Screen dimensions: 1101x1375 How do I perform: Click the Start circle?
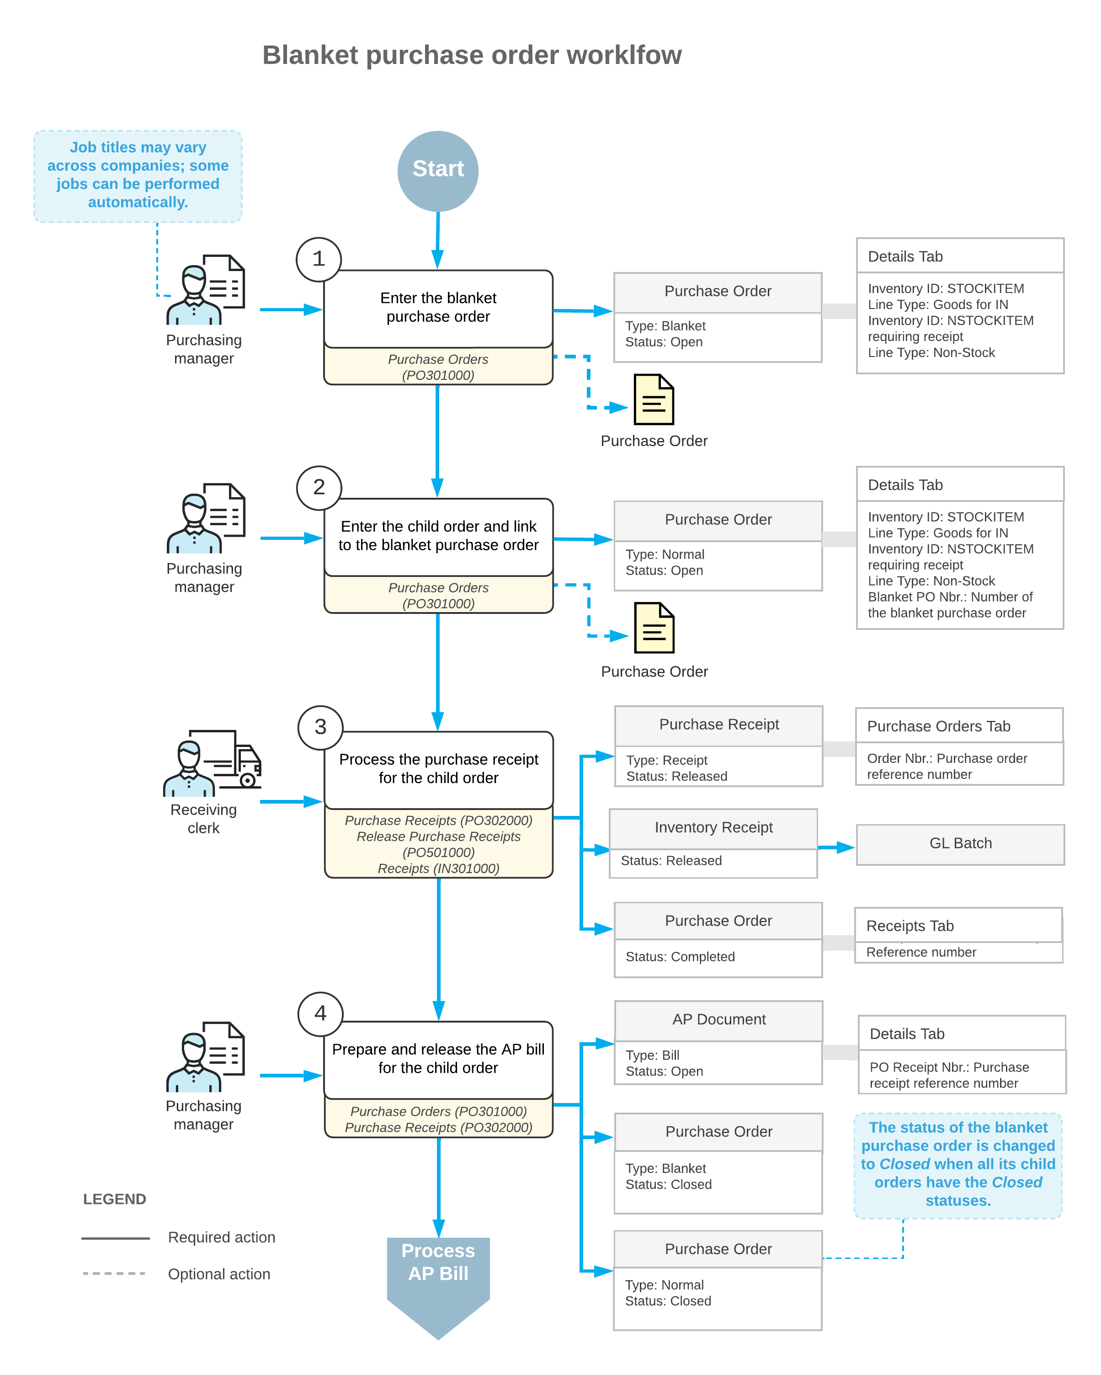point(438,171)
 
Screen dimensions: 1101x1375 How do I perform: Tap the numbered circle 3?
point(321,728)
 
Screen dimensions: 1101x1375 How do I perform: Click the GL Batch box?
point(960,844)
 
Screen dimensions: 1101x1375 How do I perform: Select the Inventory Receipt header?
point(713,828)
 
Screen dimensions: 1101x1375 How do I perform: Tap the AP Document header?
point(718,1020)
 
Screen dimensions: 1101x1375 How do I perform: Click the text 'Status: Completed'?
point(680,957)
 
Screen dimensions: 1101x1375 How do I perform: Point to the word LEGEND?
point(115,1199)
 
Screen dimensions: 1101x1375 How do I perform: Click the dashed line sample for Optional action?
point(115,1274)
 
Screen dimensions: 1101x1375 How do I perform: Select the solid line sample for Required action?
point(115,1238)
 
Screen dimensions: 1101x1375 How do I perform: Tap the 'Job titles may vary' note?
point(138,176)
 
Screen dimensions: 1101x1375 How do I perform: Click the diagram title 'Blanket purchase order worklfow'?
point(472,55)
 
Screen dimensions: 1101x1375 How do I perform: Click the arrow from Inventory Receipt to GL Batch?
point(836,847)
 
